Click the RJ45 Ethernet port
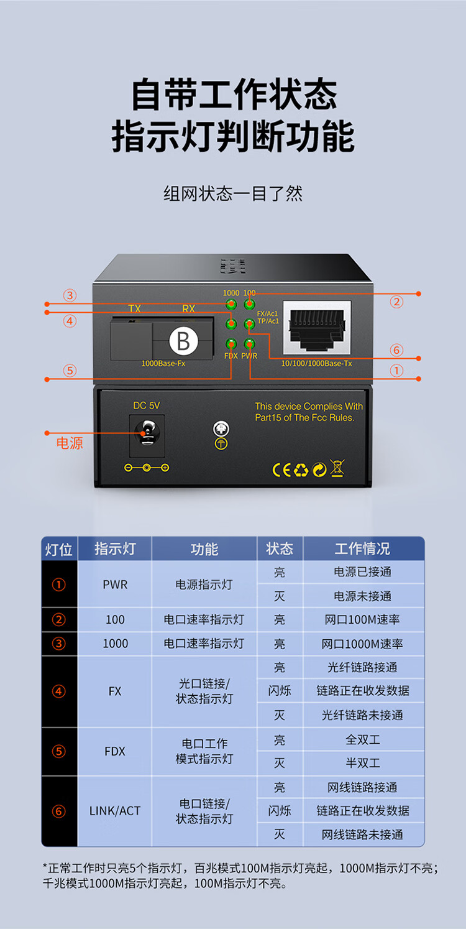[317, 328]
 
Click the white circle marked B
[184, 341]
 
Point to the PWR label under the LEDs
[249, 356]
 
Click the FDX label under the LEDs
[231, 356]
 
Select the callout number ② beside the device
[396, 302]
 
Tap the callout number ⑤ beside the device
[70, 370]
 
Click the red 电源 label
[70, 443]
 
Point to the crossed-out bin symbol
[337, 468]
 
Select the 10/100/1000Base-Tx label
[317, 363]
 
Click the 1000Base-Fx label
[163, 363]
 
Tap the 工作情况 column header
[362, 548]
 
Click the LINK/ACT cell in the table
[115, 811]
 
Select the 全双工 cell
[363, 739]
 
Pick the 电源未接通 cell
[363, 596]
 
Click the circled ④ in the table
[59, 691]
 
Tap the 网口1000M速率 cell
[362, 644]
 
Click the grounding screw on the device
[221, 428]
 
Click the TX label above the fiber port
[134, 308]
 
